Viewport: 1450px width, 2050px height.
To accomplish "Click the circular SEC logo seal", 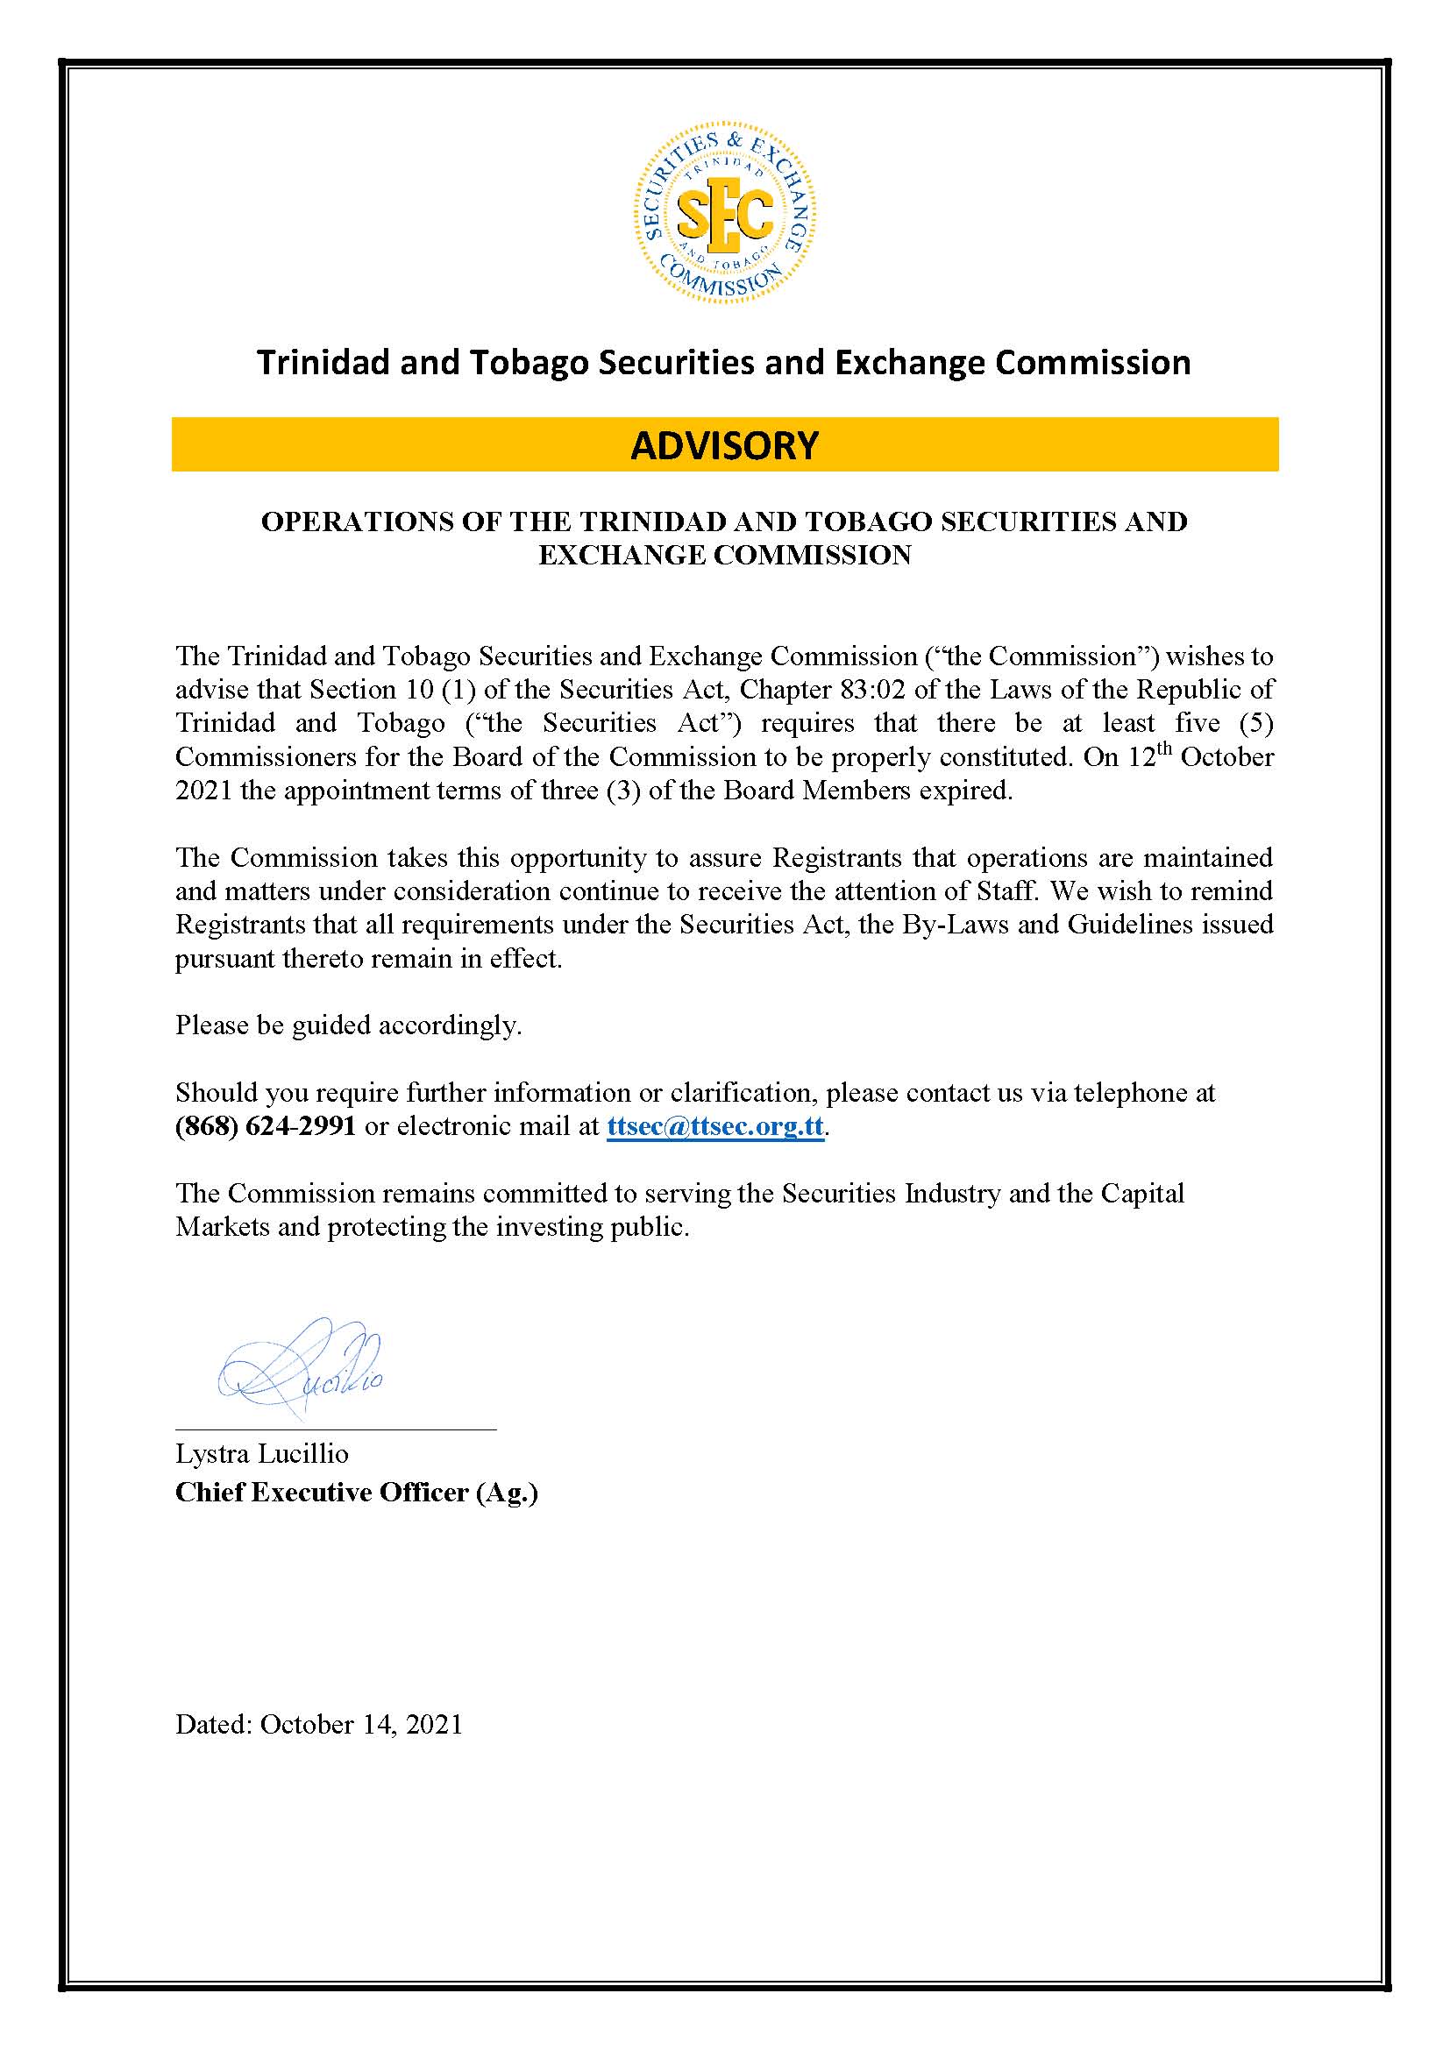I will pyautogui.click(x=724, y=214).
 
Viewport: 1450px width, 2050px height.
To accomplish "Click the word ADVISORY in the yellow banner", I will pyautogui.click(x=724, y=444).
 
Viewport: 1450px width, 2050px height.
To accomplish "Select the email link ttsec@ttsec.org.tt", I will pyautogui.click(x=714, y=1126).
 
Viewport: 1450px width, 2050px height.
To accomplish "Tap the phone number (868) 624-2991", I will pyautogui.click(x=265, y=1126).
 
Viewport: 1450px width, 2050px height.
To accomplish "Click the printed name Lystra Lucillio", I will pyautogui.click(x=261, y=1453).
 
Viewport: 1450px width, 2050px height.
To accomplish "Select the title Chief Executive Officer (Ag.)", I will pyautogui.click(x=356, y=1493).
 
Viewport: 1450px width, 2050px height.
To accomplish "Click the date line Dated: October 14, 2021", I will pyautogui.click(x=319, y=1724).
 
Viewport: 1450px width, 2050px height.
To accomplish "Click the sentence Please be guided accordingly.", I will pyautogui.click(x=348, y=1025).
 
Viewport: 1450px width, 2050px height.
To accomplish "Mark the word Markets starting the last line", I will pyautogui.click(x=222, y=1227).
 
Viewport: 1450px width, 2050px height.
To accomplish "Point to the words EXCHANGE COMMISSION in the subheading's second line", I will pyautogui.click(x=724, y=556).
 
